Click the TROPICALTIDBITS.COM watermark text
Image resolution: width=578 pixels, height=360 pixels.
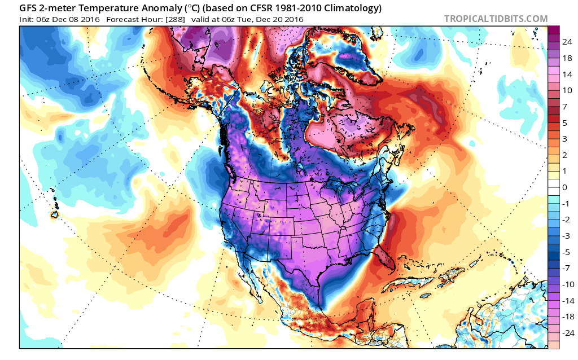click(x=496, y=19)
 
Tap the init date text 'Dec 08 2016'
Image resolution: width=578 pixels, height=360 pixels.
click(x=77, y=19)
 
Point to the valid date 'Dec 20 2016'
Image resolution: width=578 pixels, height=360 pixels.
click(x=279, y=19)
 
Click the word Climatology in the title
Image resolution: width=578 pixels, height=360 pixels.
click(x=349, y=8)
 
